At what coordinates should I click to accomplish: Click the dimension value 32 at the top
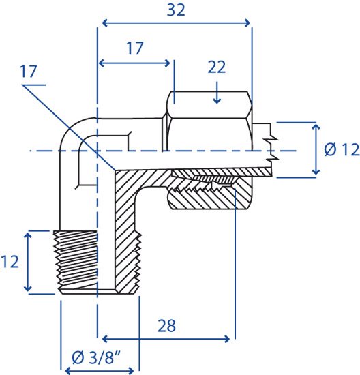(176, 10)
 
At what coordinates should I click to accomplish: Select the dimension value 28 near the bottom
(167, 326)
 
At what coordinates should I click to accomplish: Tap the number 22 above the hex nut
(217, 67)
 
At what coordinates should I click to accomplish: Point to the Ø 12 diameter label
(342, 150)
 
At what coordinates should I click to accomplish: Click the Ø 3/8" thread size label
(96, 357)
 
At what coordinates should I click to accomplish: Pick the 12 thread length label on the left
(10, 261)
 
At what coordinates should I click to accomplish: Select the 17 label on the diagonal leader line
(29, 72)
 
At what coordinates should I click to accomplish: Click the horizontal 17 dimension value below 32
(135, 48)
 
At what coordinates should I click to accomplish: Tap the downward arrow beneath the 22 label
(217, 93)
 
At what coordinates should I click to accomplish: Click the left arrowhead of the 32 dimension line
(105, 23)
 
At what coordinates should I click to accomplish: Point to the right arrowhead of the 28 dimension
(227, 339)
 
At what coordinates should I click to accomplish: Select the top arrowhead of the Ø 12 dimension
(316, 127)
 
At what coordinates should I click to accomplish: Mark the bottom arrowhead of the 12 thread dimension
(28, 288)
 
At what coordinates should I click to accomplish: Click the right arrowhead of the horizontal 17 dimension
(167, 63)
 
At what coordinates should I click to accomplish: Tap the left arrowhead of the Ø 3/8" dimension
(68, 371)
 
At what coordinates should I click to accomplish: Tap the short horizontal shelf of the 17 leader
(34, 85)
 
